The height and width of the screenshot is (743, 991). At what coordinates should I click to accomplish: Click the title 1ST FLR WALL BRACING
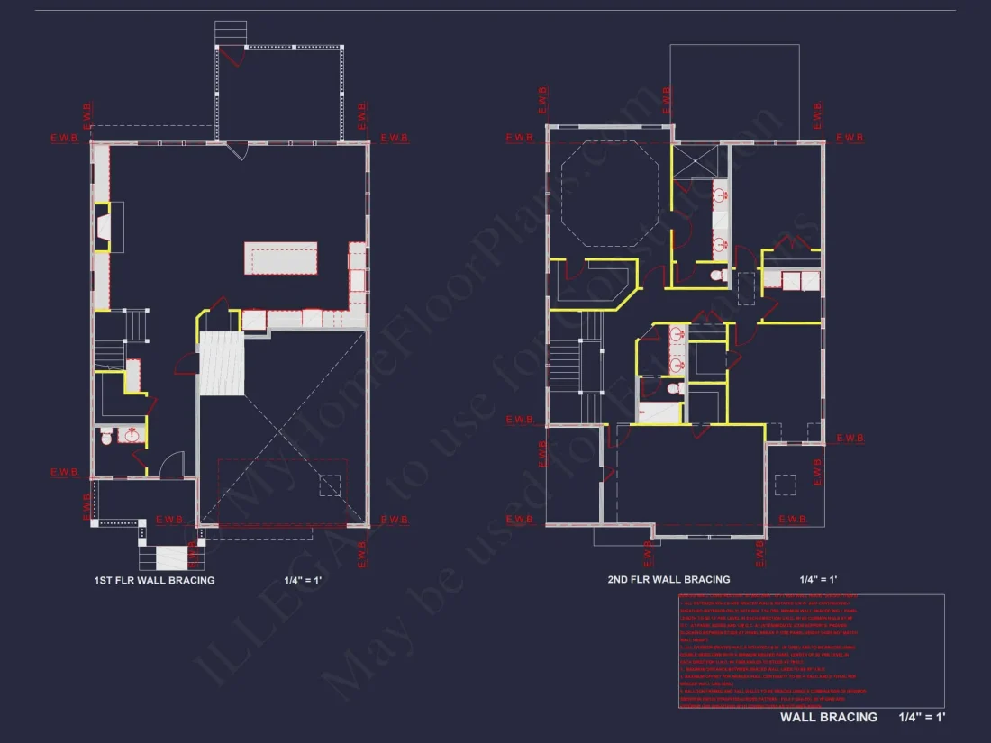tap(154, 580)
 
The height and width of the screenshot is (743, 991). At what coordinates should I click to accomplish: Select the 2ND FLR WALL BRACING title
tap(668, 579)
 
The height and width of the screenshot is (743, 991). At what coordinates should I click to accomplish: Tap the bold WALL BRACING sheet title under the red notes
tap(828, 717)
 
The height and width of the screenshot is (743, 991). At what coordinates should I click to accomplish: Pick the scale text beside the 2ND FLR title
tap(818, 579)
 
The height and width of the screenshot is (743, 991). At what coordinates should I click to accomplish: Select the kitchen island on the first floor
tap(280, 258)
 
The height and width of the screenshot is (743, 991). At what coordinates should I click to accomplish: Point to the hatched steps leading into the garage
tap(221, 363)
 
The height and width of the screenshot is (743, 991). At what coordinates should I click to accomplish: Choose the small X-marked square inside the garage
tap(331, 486)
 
